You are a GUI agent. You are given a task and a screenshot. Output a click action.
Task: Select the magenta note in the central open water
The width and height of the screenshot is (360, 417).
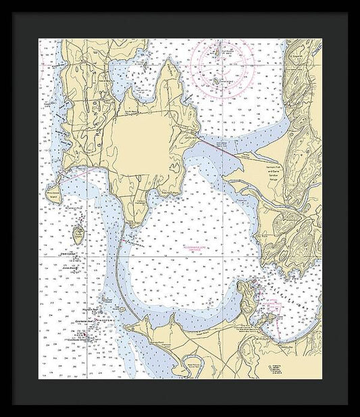coord(199,249)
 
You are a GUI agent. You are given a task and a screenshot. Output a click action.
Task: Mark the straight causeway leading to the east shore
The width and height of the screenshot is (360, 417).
coord(216,145)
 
